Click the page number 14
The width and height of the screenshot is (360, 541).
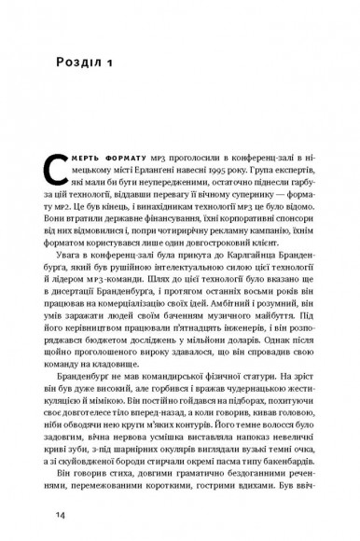(x=59, y=515)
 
